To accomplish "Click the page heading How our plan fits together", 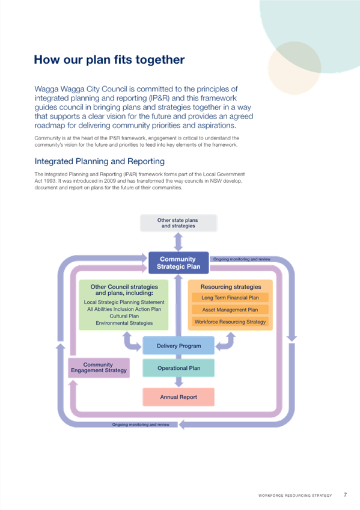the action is (x=109, y=60).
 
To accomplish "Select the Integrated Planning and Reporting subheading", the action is (x=99, y=161).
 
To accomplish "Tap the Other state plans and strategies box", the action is (x=178, y=223).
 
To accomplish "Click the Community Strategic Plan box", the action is (x=178, y=263).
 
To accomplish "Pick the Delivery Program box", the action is (x=178, y=346).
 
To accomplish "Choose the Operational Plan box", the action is (x=178, y=368).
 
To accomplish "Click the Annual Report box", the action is (x=178, y=397).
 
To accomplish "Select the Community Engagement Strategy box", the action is (x=99, y=368).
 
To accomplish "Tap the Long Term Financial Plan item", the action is (x=230, y=298).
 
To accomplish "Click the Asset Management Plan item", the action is (x=230, y=310).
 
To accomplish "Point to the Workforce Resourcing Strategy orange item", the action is (x=230, y=322).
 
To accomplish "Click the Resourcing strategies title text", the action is (x=231, y=287).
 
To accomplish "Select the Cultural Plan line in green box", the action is (x=124, y=316).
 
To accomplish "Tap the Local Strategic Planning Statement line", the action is (x=124, y=302).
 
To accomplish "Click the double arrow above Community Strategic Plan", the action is (x=178, y=242).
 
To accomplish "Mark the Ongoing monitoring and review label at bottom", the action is (x=141, y=425).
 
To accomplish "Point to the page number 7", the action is (x=345, y=495).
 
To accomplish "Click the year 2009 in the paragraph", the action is (x=110, y=181).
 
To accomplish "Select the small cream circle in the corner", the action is (x=294, y=69).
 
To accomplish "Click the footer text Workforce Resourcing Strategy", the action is (x=295, y=496).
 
